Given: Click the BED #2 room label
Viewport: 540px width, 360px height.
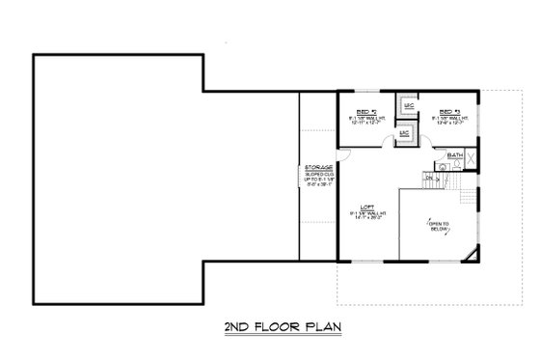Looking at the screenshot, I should click(x=366, y=111).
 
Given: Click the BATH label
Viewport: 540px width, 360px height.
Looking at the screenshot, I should click(x=454, y=153).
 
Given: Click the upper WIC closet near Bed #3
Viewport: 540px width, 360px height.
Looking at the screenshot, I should click(x=409, y=104).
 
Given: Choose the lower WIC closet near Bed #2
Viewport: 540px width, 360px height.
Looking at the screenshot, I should click(x=405, y=134).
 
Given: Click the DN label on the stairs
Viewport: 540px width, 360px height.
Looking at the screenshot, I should click(x=430, y=178).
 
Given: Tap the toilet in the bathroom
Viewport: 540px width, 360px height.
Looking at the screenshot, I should click(x=443, y=166).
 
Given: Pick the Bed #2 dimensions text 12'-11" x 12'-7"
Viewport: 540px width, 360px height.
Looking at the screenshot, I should click(x=366, y=123).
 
